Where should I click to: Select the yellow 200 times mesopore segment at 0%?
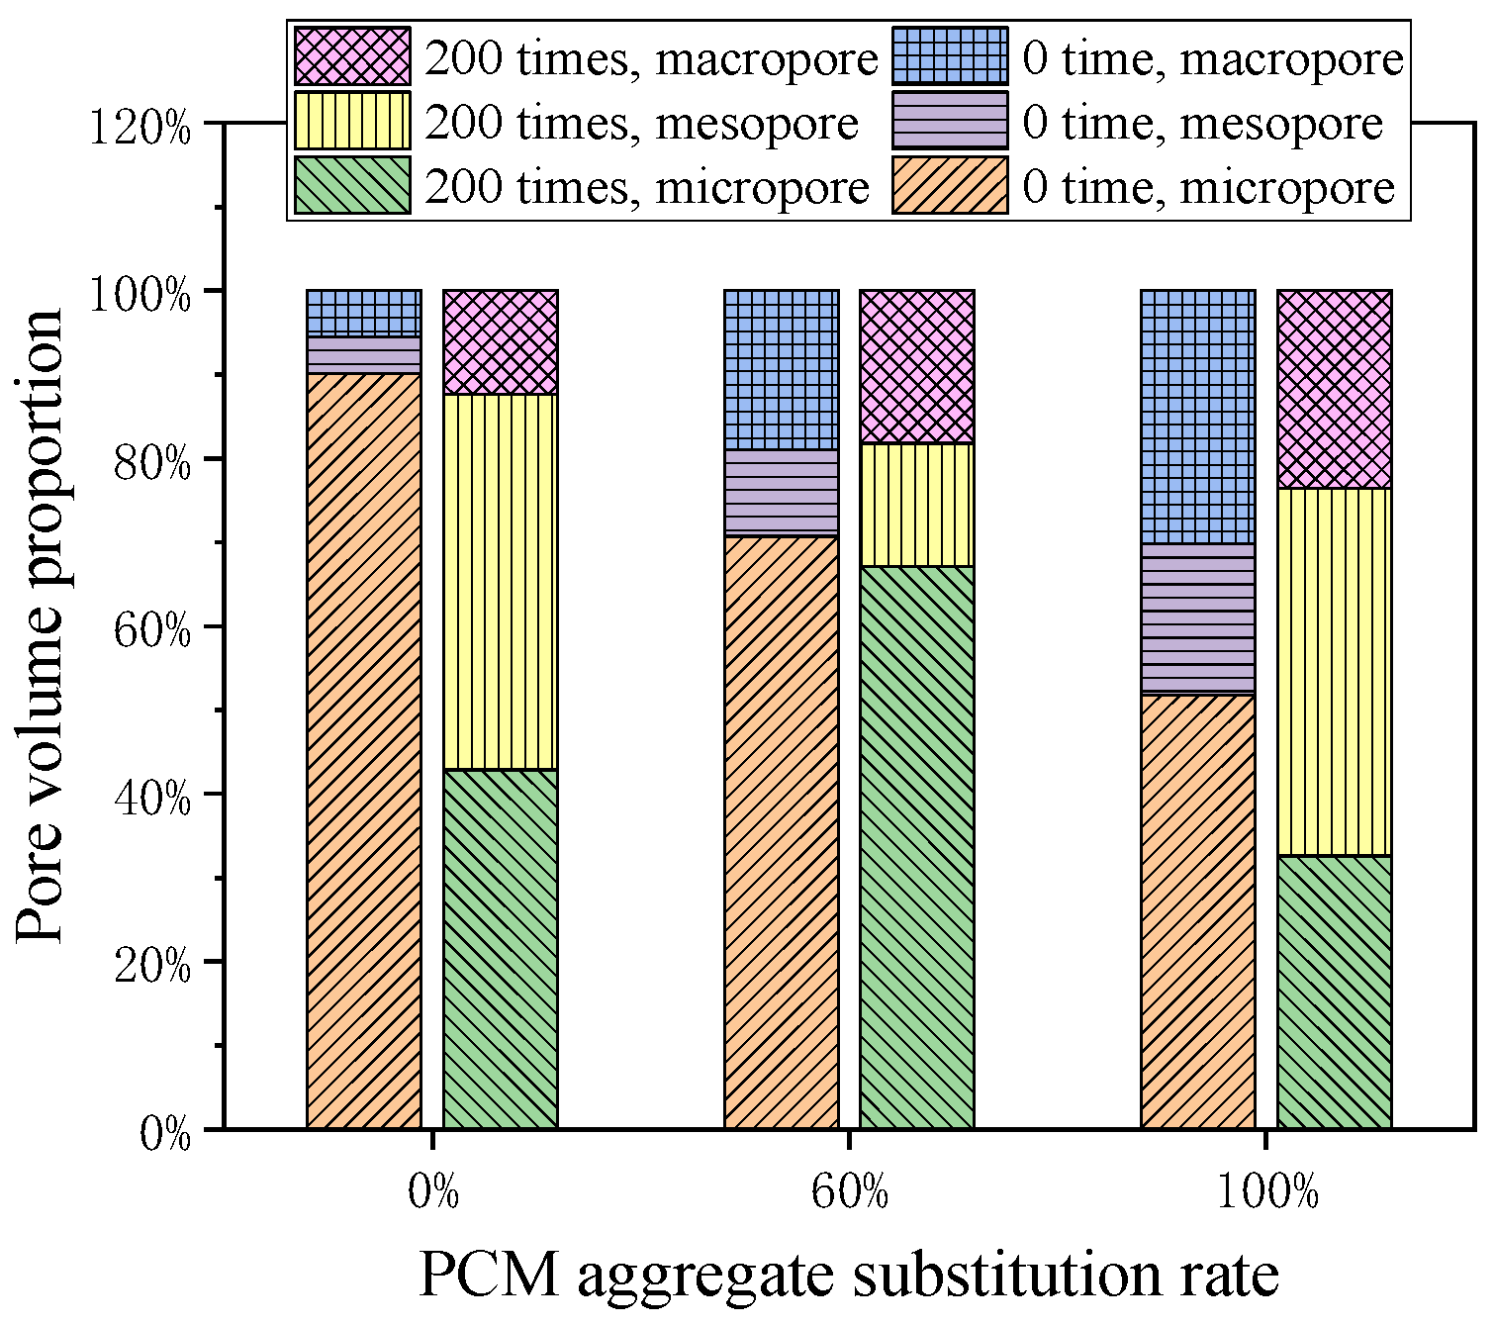point(501,582)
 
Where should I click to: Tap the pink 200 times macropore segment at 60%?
point(917,366)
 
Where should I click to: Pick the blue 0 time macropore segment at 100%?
point(1198,417)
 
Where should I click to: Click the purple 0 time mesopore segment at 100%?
point(1198,618)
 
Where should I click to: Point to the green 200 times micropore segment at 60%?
point(917,847)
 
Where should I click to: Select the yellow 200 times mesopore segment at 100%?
point(1335,672)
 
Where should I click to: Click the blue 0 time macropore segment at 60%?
point(782,370)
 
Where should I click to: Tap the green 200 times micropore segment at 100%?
point(1335,992)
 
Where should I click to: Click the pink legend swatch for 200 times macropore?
point(352,56)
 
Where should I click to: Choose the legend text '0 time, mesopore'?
point(1202,124)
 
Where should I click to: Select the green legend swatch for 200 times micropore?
point(352,185)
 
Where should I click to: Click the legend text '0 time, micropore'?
point(1208,187)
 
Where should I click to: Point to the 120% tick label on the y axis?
point(140,128)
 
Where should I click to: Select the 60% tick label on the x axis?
point(850,1193)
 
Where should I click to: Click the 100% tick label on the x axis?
point(1266,1193)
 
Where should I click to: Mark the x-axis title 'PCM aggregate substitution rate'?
point(849,1276)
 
